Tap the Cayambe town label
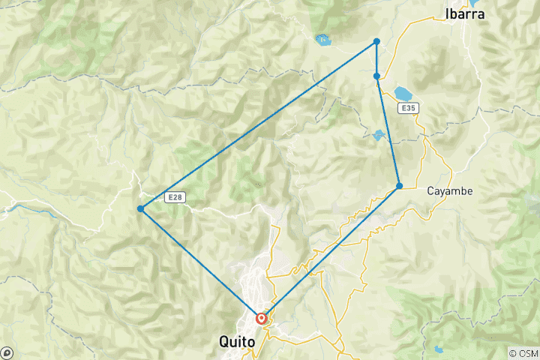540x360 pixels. coord(449,190)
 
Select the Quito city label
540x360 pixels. coord(237,341)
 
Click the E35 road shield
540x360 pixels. coord(408,109)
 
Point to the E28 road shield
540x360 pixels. coord(174,197)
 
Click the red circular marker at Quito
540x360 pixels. coord(262,318)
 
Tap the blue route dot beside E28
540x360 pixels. coord(141,208)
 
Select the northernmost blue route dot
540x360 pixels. coord(376,41)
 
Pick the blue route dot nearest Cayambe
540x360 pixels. coord(400,185)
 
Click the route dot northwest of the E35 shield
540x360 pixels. coord(376,76)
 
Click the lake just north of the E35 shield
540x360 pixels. coord(403,93)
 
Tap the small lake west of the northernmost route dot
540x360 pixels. coord(324,39)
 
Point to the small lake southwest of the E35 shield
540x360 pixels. coord(378,135)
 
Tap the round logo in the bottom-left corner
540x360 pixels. coord(7,352)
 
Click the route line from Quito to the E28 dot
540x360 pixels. coord(201,263)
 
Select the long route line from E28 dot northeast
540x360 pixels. coord(259,124)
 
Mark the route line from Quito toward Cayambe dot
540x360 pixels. coord(331,251)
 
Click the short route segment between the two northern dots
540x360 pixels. coord(376,58)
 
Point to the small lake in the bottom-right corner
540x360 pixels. coord(437,348)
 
